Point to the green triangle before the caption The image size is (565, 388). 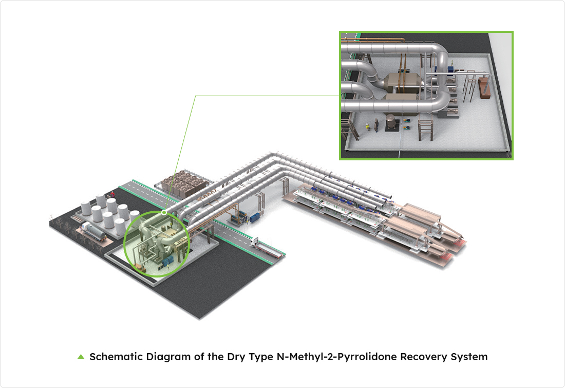[x=81, y=357]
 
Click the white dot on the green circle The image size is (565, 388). [x=164, y=213]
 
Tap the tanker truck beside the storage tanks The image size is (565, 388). [x=93, y=231]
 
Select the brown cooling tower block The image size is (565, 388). [x=184, y=183]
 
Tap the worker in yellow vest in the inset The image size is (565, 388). [x=368, y=126]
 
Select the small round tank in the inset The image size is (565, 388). [x=391, y=122]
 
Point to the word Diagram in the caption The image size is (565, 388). [x=168, y=357]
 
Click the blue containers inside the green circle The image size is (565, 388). [x=167, y=262]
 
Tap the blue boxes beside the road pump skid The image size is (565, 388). [x=255, y=217]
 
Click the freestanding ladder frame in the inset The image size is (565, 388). [x=425, y=130]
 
